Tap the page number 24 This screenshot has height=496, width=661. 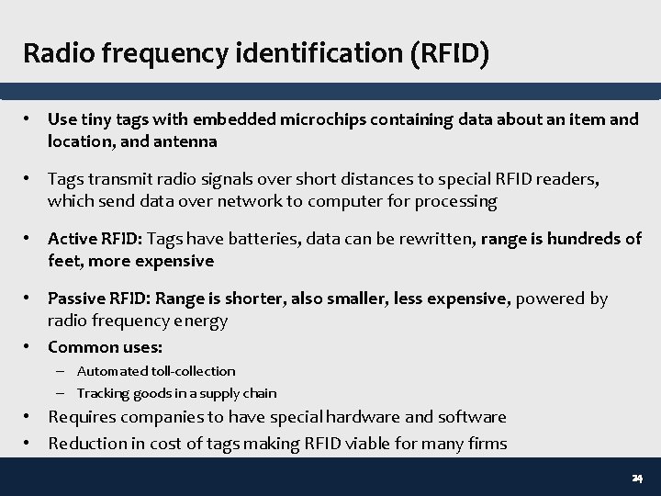click(x=636, y=479)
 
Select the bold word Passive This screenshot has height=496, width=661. click(x=76, y=299)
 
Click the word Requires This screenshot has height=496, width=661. click(x=83, y=417)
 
